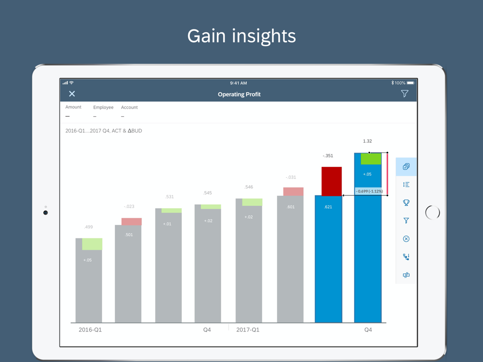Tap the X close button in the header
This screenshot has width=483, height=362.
click(72, 94)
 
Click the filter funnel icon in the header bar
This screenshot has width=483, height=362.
click(405, 94)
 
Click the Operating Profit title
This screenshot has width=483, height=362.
click(239, 95)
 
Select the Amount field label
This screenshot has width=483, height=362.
click(73, 107)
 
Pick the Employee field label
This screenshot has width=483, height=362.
click(103, 108)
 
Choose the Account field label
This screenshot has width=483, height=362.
click(129, 108)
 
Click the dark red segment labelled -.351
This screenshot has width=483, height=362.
click(332, 181)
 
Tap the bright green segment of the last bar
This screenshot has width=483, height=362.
click(371, 159)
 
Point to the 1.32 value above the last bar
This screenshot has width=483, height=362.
click(368, 141)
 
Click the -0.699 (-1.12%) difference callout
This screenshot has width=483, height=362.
click(369, 192)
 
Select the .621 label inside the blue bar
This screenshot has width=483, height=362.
click(328, 207)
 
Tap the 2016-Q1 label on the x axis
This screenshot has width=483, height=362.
click(90, 330)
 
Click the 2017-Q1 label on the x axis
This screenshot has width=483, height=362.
click(248, 330)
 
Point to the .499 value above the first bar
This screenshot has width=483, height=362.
click(88, 227)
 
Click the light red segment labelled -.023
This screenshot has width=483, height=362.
click(131, 222)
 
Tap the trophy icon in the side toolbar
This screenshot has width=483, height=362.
click(406, 203)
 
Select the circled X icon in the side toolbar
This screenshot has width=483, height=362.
click(406, 239)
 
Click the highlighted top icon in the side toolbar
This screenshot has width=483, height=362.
click(406, 167)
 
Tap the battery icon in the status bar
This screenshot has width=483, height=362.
click(411, 83)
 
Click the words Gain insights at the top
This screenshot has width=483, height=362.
click(241, 36)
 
